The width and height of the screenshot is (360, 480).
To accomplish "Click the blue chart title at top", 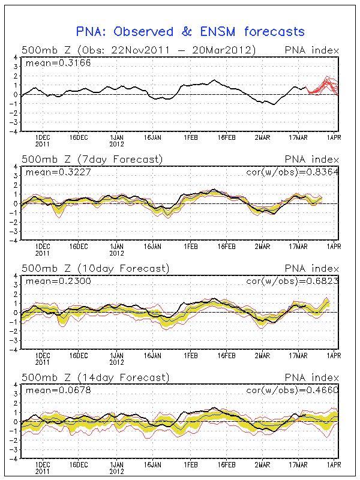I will (190, 31).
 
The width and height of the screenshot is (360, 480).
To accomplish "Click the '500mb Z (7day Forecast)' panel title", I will (92, 159).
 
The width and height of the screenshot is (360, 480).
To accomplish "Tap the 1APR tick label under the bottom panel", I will (333, 464).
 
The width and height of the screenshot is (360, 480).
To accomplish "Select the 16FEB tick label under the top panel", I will (226, 136).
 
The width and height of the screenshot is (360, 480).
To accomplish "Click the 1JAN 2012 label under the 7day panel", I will (117, 248).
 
